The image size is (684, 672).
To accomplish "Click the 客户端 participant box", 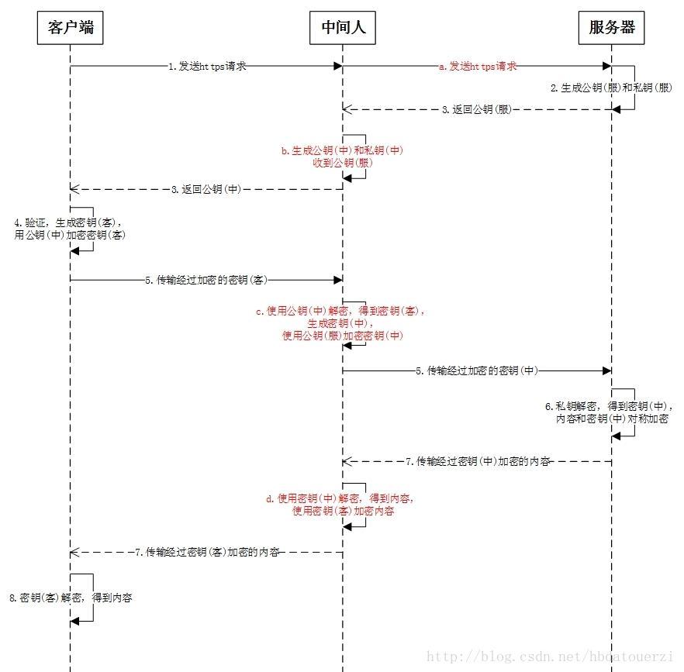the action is (71, 28).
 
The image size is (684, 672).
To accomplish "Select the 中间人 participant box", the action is (343, 28).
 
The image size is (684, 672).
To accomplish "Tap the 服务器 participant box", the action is (611, 28).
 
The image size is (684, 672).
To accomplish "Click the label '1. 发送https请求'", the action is (207, 67).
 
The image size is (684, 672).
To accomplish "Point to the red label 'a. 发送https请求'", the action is (478, 67).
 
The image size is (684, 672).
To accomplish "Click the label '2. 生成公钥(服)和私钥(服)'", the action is (611, 88).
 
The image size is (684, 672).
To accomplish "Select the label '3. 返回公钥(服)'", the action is (477, 109).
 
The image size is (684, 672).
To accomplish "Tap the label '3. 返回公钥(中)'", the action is (206, 189).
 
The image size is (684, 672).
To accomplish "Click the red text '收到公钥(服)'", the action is (343, 163).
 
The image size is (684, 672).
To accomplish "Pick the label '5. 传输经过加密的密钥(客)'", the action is (206, 280).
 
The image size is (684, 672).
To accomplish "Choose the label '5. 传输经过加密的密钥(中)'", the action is (477, 370).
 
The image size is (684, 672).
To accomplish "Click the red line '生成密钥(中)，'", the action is (340, 323).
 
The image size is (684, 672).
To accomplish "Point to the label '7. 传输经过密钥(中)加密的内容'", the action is (478, 461).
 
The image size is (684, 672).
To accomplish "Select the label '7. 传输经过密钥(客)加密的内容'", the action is (207, 552).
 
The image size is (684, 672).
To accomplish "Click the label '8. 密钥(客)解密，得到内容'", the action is (71, 598).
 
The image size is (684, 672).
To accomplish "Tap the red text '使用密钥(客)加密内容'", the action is (343, 511).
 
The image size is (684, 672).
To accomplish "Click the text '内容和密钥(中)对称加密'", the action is (612, 419).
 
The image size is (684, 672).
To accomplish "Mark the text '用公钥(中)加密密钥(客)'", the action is (70, 235).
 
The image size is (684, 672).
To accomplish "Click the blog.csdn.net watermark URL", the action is (550, 656).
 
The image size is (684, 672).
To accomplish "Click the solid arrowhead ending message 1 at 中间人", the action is (338, 67).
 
